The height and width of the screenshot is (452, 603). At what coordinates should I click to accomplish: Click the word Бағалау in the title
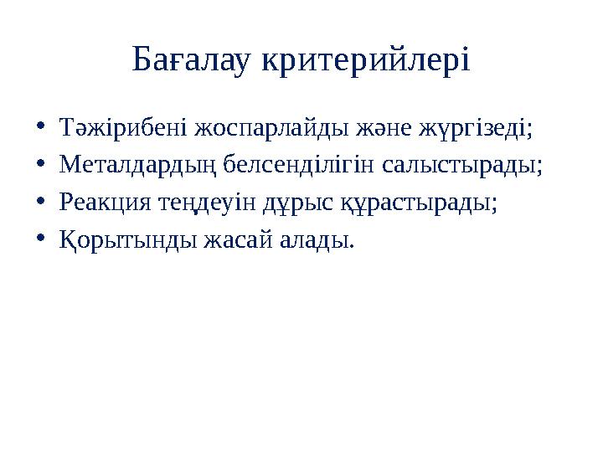[190, 60]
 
